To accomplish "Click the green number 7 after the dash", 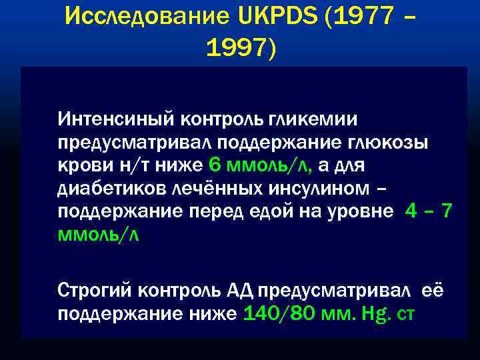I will [447, 212].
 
